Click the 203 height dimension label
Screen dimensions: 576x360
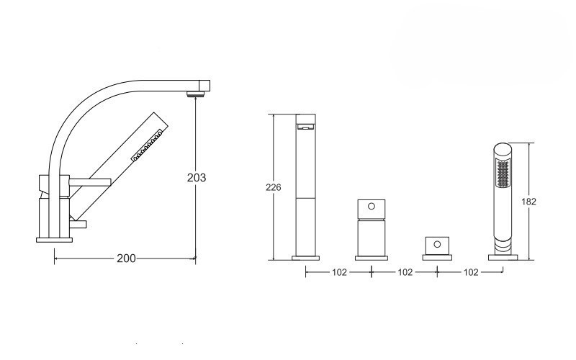tap(197, 178)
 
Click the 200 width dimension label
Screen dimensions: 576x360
tap(126, 258)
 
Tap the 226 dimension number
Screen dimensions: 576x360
tap(274, 187)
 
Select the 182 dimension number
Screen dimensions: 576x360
tap(528, 202)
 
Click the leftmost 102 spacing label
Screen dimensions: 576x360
tap(339, 272)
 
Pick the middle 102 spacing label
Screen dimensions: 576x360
tap(405, 272)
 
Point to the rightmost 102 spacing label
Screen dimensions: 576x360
tap(471, 272)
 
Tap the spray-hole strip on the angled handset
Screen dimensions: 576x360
tap(148, 145)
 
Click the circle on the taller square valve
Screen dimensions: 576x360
tap(372, 206)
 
